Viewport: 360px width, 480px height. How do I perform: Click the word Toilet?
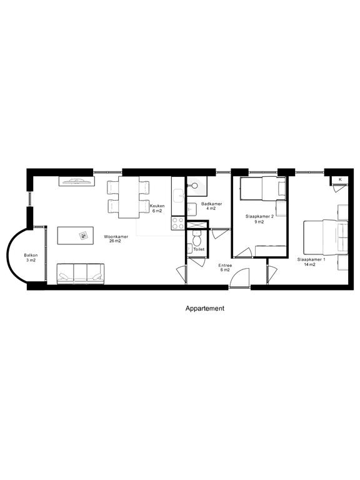click(199, 249)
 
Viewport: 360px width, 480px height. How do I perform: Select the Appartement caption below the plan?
click(205, 308)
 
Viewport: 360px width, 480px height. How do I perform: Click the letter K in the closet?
click(340, 180)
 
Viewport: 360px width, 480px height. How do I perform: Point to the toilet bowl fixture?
click(196, 238)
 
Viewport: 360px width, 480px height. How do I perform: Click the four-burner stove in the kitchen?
click(178, 223)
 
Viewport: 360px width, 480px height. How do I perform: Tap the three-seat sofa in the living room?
click(81, 274)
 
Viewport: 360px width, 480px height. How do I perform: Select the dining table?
click(129, 197)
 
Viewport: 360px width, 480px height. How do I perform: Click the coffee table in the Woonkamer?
click(75, 236)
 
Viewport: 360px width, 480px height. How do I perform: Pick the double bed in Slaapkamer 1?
click(326, 237)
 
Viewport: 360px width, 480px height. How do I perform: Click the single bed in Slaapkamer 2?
click(263, 188)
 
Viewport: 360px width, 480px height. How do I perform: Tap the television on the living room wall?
click(76, 181)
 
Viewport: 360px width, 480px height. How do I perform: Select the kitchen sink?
click(178, 196)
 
